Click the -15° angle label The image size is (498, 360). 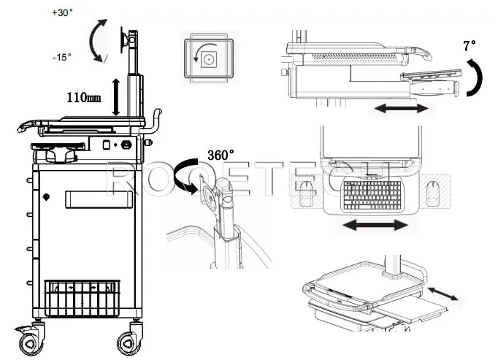pyautogui.click(x=63, y=57)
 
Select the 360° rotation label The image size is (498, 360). pyautogui.click(x=221, y=155)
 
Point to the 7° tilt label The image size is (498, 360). pyautogui.click(x=469, y=46)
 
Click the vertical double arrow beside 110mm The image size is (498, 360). pyautogui.click(x=115, y=97)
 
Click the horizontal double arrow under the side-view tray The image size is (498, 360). pyautogui.click(x=401, y=108)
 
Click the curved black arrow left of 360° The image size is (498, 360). pyautogui.click(x=188, y=174)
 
